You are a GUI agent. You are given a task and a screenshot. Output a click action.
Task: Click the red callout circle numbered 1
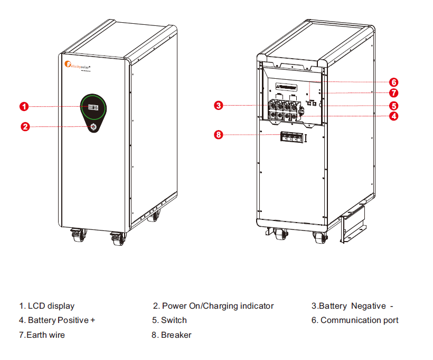click(24, 107)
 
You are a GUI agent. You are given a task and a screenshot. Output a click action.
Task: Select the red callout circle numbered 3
click(219, 106)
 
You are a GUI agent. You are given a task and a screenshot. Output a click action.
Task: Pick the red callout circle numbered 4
click(393, 116)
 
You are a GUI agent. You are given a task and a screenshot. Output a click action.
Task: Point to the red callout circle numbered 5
click(393, 105)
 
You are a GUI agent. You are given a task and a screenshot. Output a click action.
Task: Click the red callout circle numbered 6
click(393, 82)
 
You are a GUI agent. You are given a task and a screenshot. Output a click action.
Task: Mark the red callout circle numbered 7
click(393, 93)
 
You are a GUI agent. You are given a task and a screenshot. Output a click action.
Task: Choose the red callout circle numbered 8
click(219, 134)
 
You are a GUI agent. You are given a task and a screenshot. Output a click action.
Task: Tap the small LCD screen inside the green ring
click(93, 107)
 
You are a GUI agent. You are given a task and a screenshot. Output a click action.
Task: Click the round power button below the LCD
click(94, 127)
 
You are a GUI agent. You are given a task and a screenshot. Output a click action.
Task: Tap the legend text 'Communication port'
click(359, 320)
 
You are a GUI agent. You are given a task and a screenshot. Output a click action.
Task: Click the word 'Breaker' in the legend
click(176, 335)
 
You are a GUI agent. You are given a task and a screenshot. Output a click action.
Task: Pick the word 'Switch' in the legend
click(174, 320)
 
